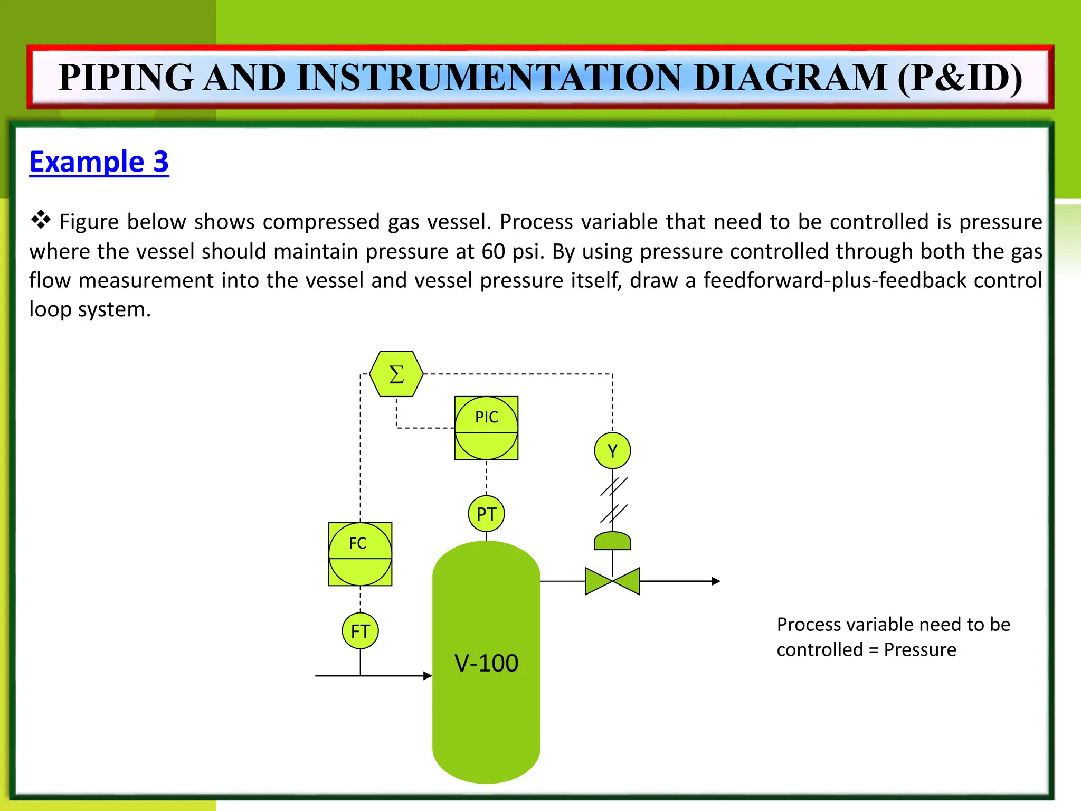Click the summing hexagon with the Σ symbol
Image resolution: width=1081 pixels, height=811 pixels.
[396, 374]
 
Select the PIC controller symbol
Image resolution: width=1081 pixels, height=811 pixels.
[486, 428]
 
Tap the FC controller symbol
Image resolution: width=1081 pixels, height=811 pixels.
[360, 554]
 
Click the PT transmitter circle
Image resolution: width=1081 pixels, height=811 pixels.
[486, 514]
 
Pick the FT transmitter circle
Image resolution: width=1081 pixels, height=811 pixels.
[360, 630]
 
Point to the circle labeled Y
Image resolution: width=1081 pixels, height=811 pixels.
[612, 450]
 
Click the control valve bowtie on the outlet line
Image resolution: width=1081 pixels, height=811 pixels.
[612, 581]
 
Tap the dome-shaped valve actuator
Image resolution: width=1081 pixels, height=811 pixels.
[612, 541]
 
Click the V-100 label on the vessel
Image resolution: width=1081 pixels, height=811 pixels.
[486, 663]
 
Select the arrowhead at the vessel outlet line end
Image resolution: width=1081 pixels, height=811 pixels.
[716, 581]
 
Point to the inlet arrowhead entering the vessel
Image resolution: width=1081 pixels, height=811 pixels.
[428, 675]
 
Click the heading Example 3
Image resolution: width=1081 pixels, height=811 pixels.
[99, 162]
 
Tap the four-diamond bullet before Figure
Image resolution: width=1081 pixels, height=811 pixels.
[40, 219]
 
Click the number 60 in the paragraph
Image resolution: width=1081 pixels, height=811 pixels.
[493, 251]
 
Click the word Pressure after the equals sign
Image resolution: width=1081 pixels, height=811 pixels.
[919, 649]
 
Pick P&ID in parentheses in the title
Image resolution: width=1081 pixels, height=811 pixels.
[960, 77]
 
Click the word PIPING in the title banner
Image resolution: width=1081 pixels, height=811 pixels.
[126, 77]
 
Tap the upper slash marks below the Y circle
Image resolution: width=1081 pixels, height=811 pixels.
[613, 486]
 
